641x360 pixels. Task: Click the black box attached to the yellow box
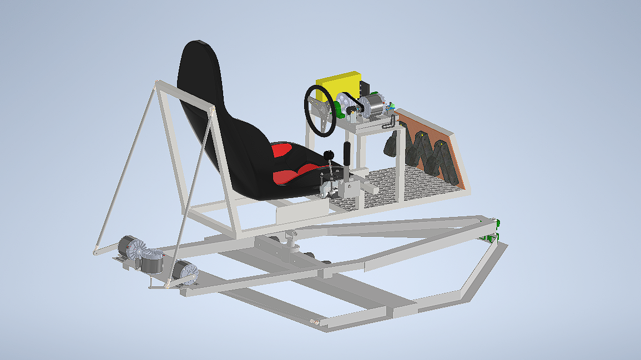(365, 89)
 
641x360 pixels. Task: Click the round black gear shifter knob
(329, 155)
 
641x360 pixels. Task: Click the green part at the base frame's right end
(492, 238)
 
